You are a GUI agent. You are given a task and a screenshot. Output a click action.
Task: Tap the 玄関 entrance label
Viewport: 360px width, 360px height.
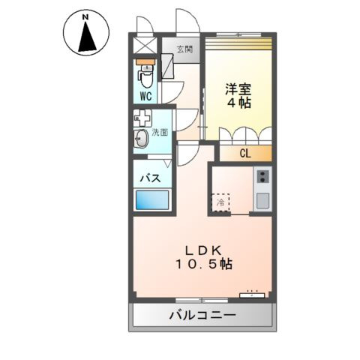(x=184, y=49)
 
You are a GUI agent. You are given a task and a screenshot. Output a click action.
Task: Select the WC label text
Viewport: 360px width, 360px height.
(x=145, y=96)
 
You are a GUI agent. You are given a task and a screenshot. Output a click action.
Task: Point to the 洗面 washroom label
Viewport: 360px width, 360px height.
(x=160, y=132)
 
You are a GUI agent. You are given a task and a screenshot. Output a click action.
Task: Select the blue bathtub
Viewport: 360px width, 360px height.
(x=152, y=200)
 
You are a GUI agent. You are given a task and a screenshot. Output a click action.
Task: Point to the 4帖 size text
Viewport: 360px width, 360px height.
(x=238, y=103)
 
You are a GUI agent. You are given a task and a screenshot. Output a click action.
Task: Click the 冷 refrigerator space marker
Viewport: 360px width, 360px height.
(x=221, y=202)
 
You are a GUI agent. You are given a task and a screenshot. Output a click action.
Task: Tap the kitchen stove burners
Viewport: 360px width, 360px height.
(x=262, y=177)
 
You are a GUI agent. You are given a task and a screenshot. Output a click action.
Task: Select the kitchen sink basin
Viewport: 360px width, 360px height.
(x=262, y=200)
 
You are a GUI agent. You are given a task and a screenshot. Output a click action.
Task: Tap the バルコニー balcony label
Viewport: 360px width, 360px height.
(x=201, y=315)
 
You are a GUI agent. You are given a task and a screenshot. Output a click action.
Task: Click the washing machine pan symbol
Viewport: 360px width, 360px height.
(x=142, y=118)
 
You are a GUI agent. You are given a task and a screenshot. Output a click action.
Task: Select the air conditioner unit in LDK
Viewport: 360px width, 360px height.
(x=253, y=293)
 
